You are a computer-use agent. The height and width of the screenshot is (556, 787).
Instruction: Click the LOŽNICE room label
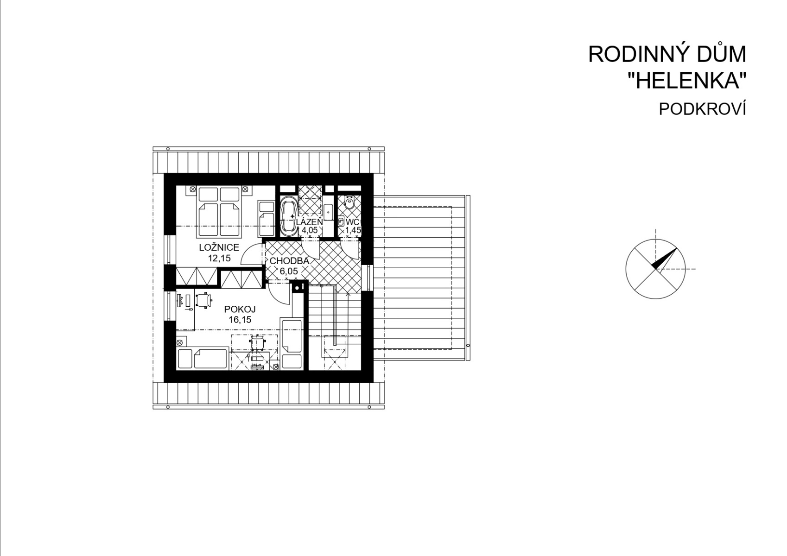click(219, 247)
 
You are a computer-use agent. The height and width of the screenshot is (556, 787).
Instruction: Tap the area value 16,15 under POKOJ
click(240, 320)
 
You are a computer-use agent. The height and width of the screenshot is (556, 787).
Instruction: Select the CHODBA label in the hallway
click(289, 261)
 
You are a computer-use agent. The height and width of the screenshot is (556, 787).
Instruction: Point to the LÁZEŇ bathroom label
click(309, 222)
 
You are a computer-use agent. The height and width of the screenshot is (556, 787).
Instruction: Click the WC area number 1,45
click(353, 230)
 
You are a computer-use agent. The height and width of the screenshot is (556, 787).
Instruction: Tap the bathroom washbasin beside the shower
click(328, 212)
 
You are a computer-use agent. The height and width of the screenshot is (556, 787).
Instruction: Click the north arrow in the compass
click(664, 259)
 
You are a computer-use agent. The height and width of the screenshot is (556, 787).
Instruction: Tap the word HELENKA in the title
click(692, 81)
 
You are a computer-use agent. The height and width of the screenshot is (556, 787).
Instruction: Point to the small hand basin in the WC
click(341, 221)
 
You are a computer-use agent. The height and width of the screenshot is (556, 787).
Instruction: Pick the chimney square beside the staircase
click(298, 287)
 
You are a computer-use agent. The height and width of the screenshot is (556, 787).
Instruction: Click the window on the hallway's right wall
click(368, 277)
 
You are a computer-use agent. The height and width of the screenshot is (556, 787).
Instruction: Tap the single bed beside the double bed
click(266, 218)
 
